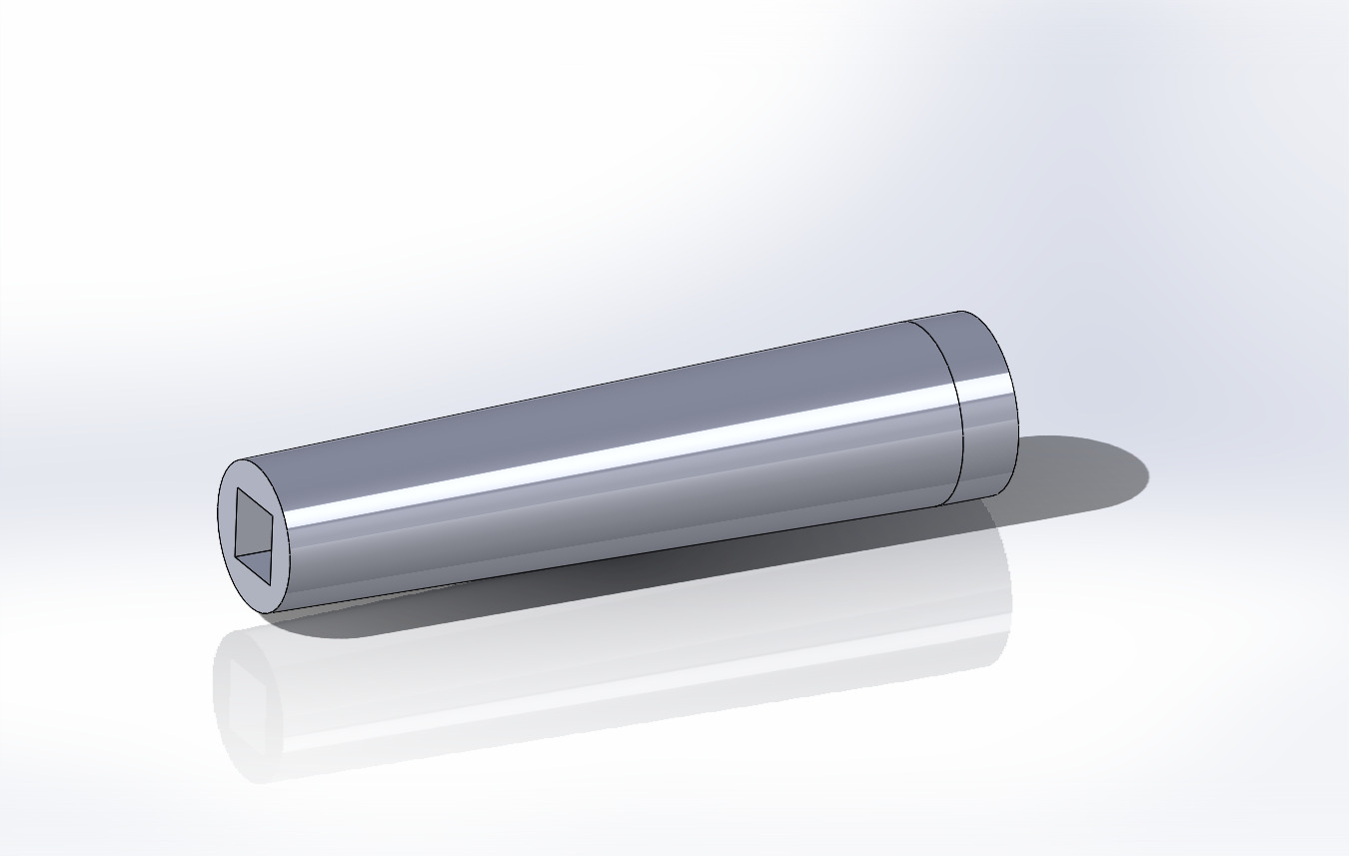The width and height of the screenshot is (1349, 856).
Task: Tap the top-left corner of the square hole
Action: (x=237, y=488)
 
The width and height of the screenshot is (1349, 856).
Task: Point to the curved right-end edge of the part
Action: (x=1014, y=400)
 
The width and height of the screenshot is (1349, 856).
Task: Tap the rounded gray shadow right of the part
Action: (x=1089, y=469)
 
